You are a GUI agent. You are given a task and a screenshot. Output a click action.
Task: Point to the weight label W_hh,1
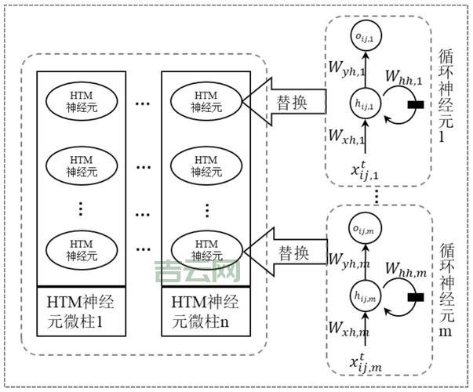[x=405, y=78]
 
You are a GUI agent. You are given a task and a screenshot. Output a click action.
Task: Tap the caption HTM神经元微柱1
[x=81, y=310]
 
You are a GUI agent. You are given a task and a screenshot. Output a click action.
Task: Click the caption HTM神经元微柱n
[x=206, y=310]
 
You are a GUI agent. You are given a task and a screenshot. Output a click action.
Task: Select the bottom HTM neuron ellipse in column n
[x=206, y=249]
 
